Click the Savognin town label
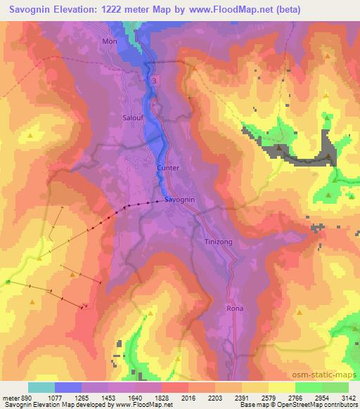click(x=179, y=200)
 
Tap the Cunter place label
click(x=169, y=168)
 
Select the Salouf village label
click(x=134, y=118)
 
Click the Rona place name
click(x=234, y=309)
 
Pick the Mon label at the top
click(x=110, y=41)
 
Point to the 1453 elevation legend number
click(x=108, y=398)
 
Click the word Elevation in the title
click(x=86, y=9)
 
